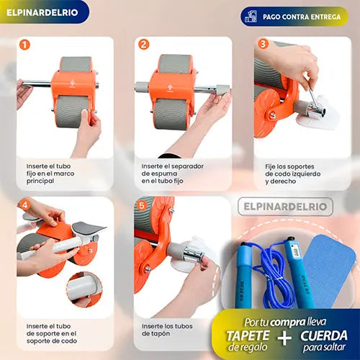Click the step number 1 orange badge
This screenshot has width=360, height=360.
click(24, 45)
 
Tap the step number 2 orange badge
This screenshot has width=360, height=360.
click(143, 45)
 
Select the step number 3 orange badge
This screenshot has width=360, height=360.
click(263, 45)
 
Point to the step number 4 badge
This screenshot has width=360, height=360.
click(24, 204)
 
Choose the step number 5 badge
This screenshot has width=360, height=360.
click(143, 204)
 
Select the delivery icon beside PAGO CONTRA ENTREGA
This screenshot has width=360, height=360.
click(251, 16)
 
